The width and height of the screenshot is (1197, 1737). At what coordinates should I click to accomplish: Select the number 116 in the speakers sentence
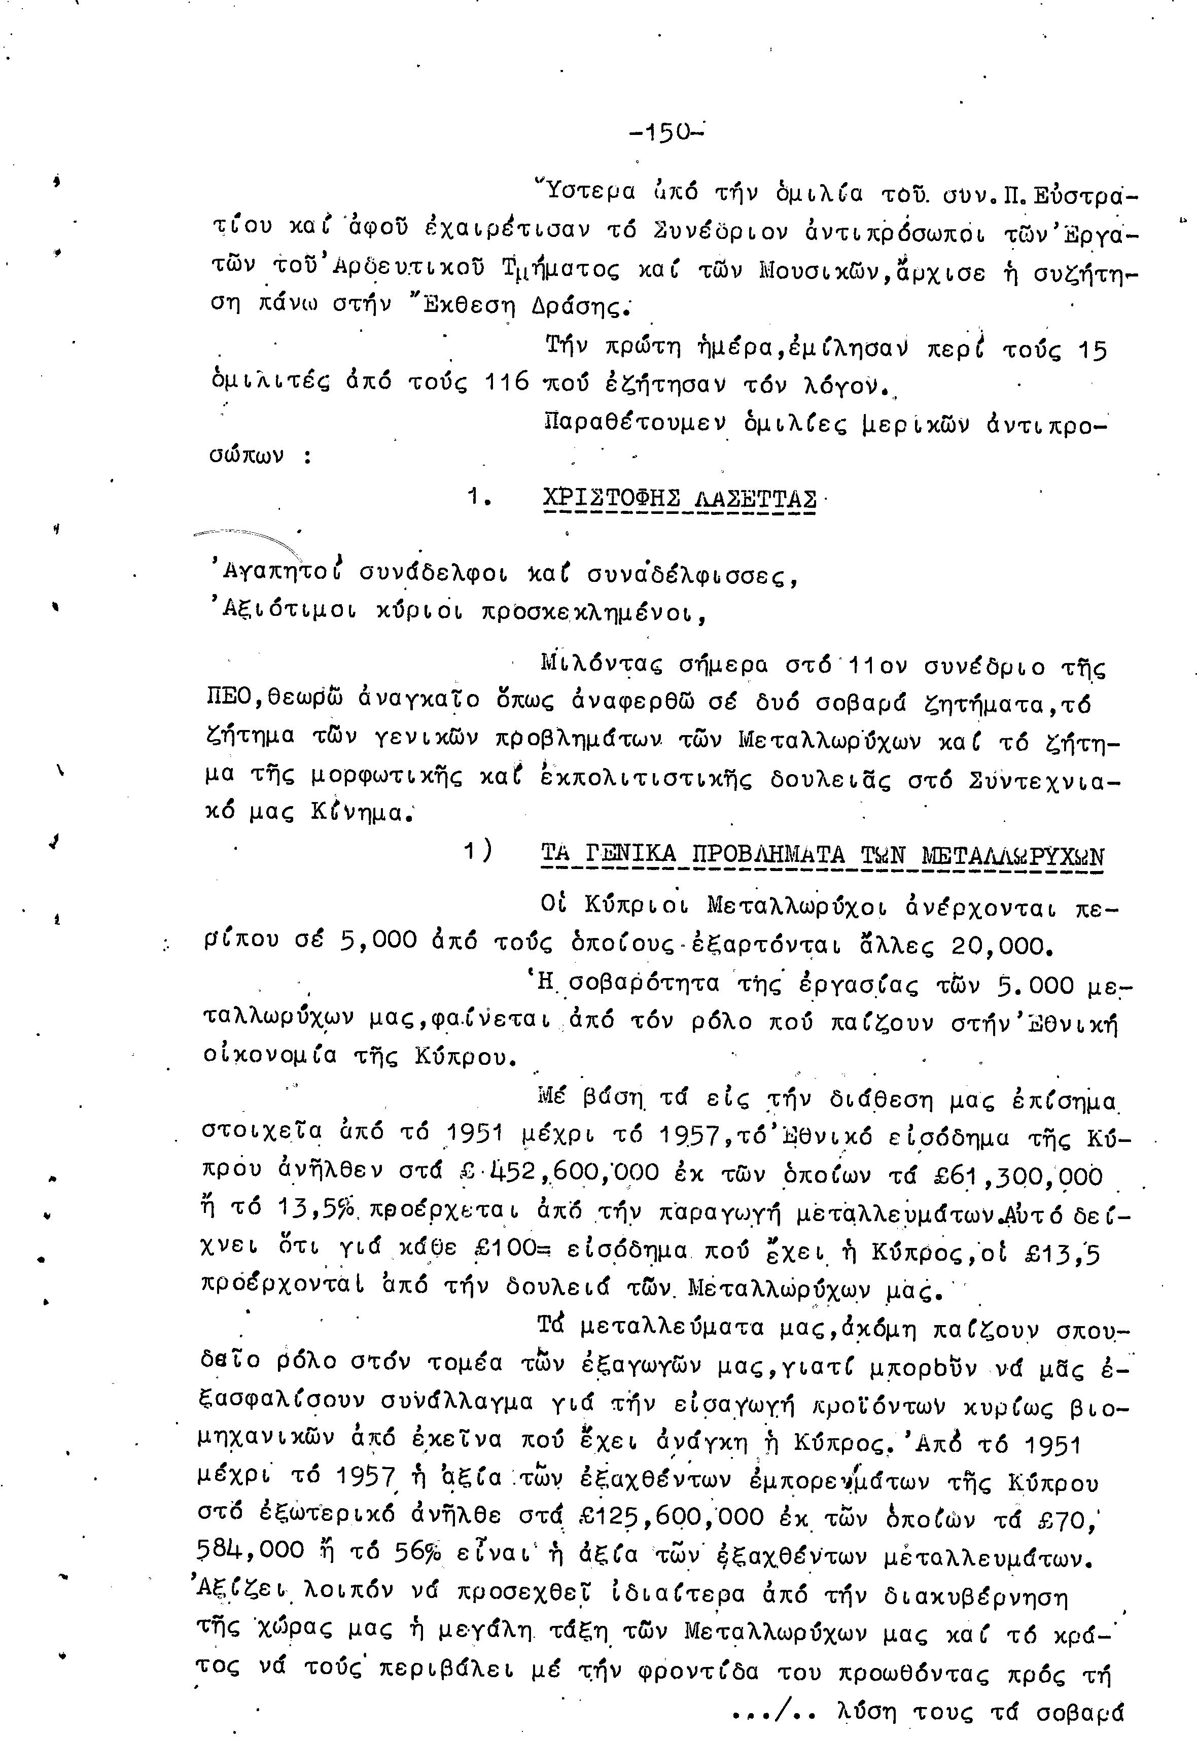click(507, 384)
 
